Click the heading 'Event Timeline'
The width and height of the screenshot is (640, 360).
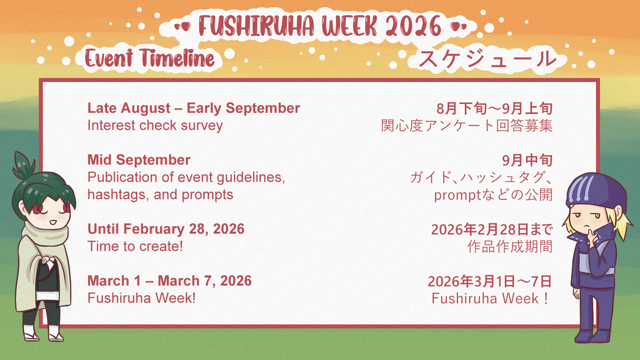click(150, 58)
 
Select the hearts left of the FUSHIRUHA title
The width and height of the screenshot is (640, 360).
click(182, 26)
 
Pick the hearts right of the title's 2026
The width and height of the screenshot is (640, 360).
click(458, 26)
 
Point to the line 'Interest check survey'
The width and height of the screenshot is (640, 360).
click(155, 126)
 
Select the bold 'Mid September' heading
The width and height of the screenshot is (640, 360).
click(139, 160)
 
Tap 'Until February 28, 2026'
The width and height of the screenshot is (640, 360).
click(166, 229)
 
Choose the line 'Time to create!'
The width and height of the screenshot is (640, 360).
click(135, 246)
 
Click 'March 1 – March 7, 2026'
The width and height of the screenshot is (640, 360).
click(170, 280)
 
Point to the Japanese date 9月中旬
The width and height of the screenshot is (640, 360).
click(527, 160)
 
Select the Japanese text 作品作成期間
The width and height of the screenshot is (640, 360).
click(510, 247)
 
